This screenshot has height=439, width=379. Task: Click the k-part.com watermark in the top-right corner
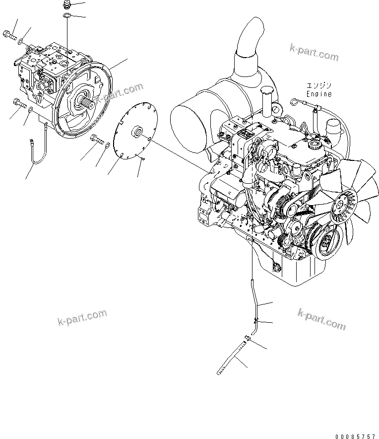(x=314, y=51)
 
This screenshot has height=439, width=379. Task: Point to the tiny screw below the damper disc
(x=142, y=159)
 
